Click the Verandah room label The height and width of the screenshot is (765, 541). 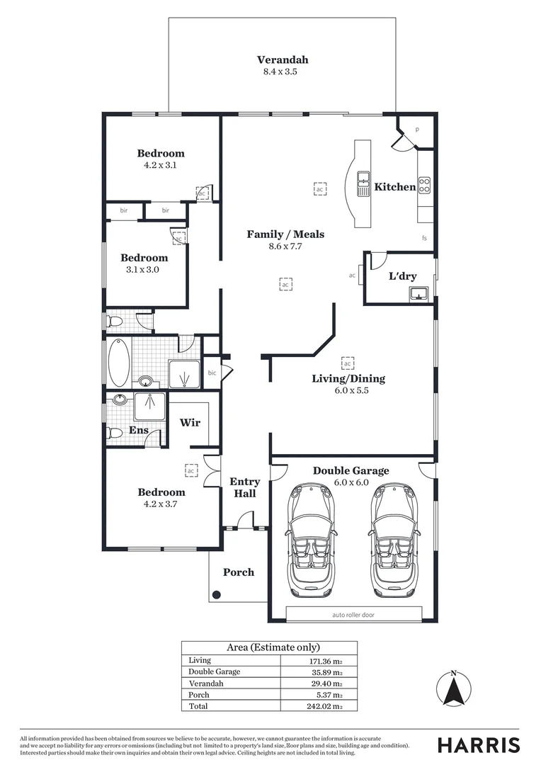pos(283,60)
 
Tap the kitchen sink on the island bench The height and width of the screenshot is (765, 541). pos(364,183)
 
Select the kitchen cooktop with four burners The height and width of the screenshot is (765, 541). pos(425,185)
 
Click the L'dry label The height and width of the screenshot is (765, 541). pos(402,276)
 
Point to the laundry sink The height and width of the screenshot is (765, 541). pos(421,293)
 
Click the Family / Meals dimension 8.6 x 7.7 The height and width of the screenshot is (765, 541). pos(285,246)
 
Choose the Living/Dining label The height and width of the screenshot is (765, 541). pos(348,378)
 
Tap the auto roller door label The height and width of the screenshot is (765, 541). pos(353,615)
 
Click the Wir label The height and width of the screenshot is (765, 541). pos(190,422)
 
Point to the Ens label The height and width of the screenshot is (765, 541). pos(138,430)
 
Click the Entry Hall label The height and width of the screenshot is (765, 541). pos(245,487)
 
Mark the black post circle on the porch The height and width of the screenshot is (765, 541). pos(217,595)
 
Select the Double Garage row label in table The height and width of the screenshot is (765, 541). pos(215,671)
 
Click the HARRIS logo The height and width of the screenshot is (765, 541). pos(478,744)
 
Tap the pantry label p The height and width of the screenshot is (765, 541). pos(417,129)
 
